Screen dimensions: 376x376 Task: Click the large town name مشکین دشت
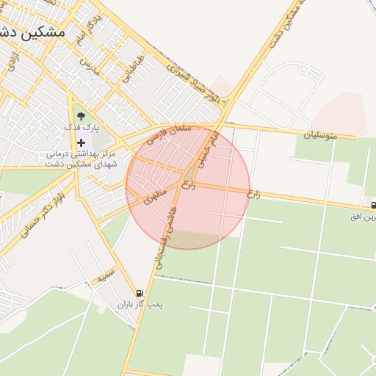[33, 32]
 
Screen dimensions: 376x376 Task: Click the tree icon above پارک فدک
[80, 115]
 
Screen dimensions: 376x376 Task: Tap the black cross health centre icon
[81, 142]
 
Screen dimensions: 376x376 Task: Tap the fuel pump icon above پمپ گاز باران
[140, 292]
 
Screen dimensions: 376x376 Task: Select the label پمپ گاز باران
[140, 304]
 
